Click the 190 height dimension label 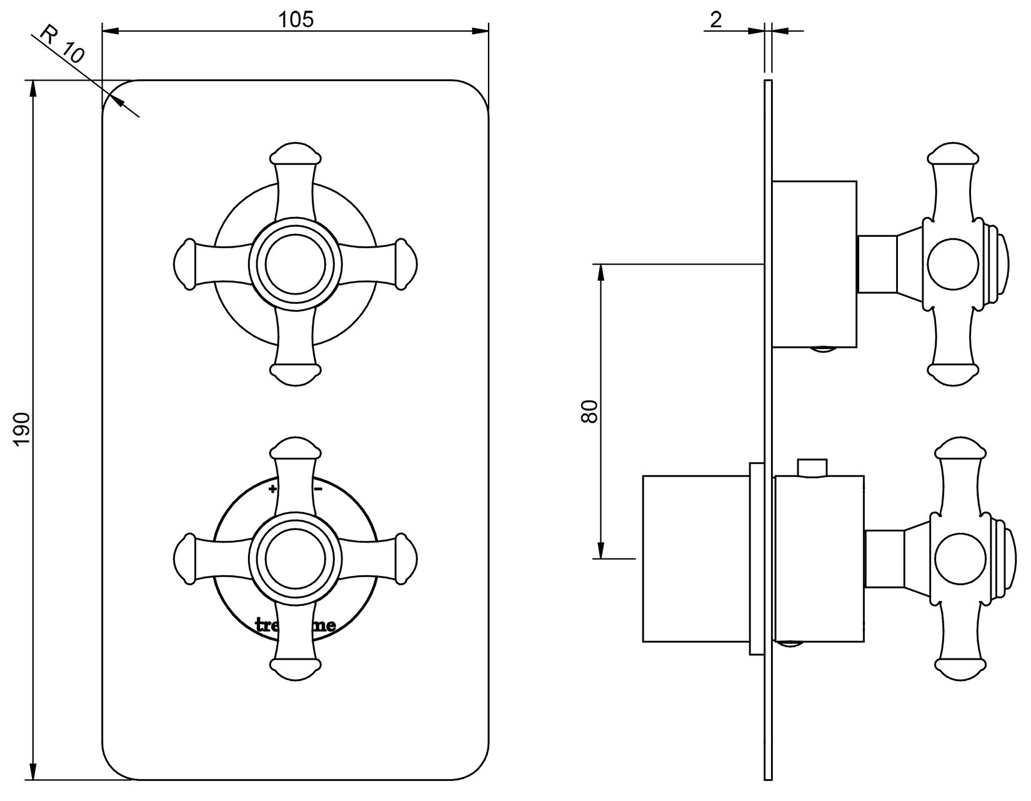tap(22, 429)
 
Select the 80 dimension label tap(590, 411)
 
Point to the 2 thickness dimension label tap(716, 20)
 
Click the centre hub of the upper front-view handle tap(295, 263)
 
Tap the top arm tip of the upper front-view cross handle tap(295, 152)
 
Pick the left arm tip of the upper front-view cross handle tap(183, 263)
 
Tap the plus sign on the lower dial tap(272, 488)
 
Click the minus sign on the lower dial tap(318, 488)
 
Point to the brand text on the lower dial tap(295, 625)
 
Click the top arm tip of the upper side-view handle tap(952, 153)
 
